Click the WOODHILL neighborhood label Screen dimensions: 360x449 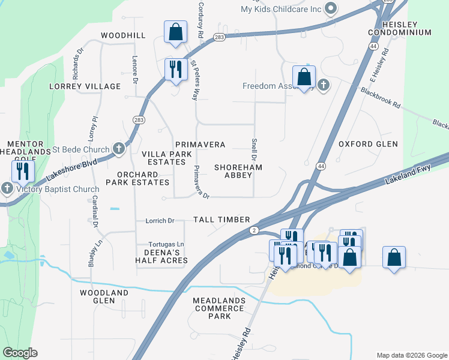pos(123,35)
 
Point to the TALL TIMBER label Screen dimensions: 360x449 pos(221,220)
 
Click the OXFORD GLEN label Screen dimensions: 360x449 pos(368,144)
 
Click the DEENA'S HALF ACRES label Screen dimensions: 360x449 pos(161,256)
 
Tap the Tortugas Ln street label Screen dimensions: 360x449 pos(166,244)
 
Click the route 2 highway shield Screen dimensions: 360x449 pos(255,230)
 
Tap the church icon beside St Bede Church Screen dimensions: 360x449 pos(119,148)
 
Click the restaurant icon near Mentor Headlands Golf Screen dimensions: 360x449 pos(22,171)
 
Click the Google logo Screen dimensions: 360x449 pos(20,353)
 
